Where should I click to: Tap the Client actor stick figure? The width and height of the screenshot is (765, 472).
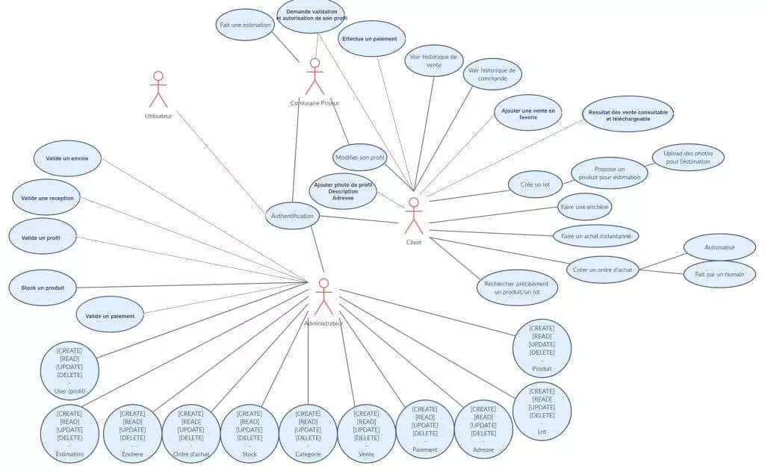(x=413, y=217)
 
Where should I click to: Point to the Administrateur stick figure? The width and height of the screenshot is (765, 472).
(x=323, y=296)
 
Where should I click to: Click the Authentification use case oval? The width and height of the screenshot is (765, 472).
(x=292, y=217)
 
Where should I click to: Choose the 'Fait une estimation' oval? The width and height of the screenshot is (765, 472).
(x=244, y=25)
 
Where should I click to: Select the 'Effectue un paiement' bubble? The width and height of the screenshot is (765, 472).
(x=371, y=39)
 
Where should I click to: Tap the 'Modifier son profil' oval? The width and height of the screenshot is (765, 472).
(x=359, y=158)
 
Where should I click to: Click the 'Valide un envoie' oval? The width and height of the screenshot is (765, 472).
(x=66, y=158)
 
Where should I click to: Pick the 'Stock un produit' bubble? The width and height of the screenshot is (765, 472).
(x=42, y=288)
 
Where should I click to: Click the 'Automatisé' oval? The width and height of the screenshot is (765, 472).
(x=719, y=246)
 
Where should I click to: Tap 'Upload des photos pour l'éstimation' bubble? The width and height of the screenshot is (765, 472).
(x=688, y=158)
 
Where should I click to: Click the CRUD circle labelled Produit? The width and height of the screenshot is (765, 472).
(x=542, y=349)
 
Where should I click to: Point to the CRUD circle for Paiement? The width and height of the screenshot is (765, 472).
(x=424, y=429)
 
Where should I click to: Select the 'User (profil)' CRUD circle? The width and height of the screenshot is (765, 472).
(x=69, y=370)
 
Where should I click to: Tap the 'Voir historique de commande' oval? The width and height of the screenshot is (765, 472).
(x=492, y=74)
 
